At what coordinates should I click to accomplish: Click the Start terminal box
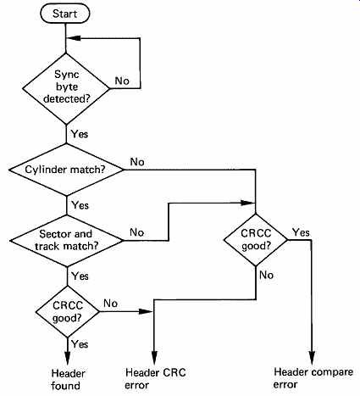pyautogui.click(x=65, y=14)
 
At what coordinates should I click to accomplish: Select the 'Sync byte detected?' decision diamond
pyautogui.click(x=66, y=88)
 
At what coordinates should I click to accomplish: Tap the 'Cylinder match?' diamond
pyautogui.click(x=66, y=170)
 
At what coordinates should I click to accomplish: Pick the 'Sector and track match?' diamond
pyautogui.click(x=67, y=241)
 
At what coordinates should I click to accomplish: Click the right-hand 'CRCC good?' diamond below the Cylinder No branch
pyautogui.click(x=256, y=240)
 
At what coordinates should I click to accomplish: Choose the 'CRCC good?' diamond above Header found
pyautogui.click(x=68, y=311)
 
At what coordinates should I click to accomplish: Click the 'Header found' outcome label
pyautogui.click(x=68, y=380)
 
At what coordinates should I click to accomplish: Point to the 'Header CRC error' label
pyautogui.click(x=155, y=379)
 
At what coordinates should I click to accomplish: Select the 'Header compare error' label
pyautogui.click(x=313, y=378)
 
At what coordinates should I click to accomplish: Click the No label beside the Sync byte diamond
pyautogui.click(x=122, y=81)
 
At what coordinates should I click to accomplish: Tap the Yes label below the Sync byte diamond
pyautogui.click(x=80, y=134)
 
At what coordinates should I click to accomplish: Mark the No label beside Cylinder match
pyautogui.click(x=137, y=162)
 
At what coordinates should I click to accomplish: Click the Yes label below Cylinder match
pyautogui.click(x=80, y=205)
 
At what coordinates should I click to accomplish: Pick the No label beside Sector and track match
pyautogui.click(x=137, y=232)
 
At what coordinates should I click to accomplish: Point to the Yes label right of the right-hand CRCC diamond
pyautogui.click(x=301, y=232)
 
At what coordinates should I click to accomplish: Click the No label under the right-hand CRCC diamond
pyautogui.click(x=266, y=275)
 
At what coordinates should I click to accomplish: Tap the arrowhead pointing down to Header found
pyautogui.click(x=68, y=359)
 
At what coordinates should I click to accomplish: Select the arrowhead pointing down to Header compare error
pyautogui.click(x=312, y=358)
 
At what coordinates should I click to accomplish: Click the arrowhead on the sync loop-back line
pyautogui.click(x=74, y=38)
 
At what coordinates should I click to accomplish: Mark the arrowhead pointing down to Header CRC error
pyautogui.click(x=154, y=359)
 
